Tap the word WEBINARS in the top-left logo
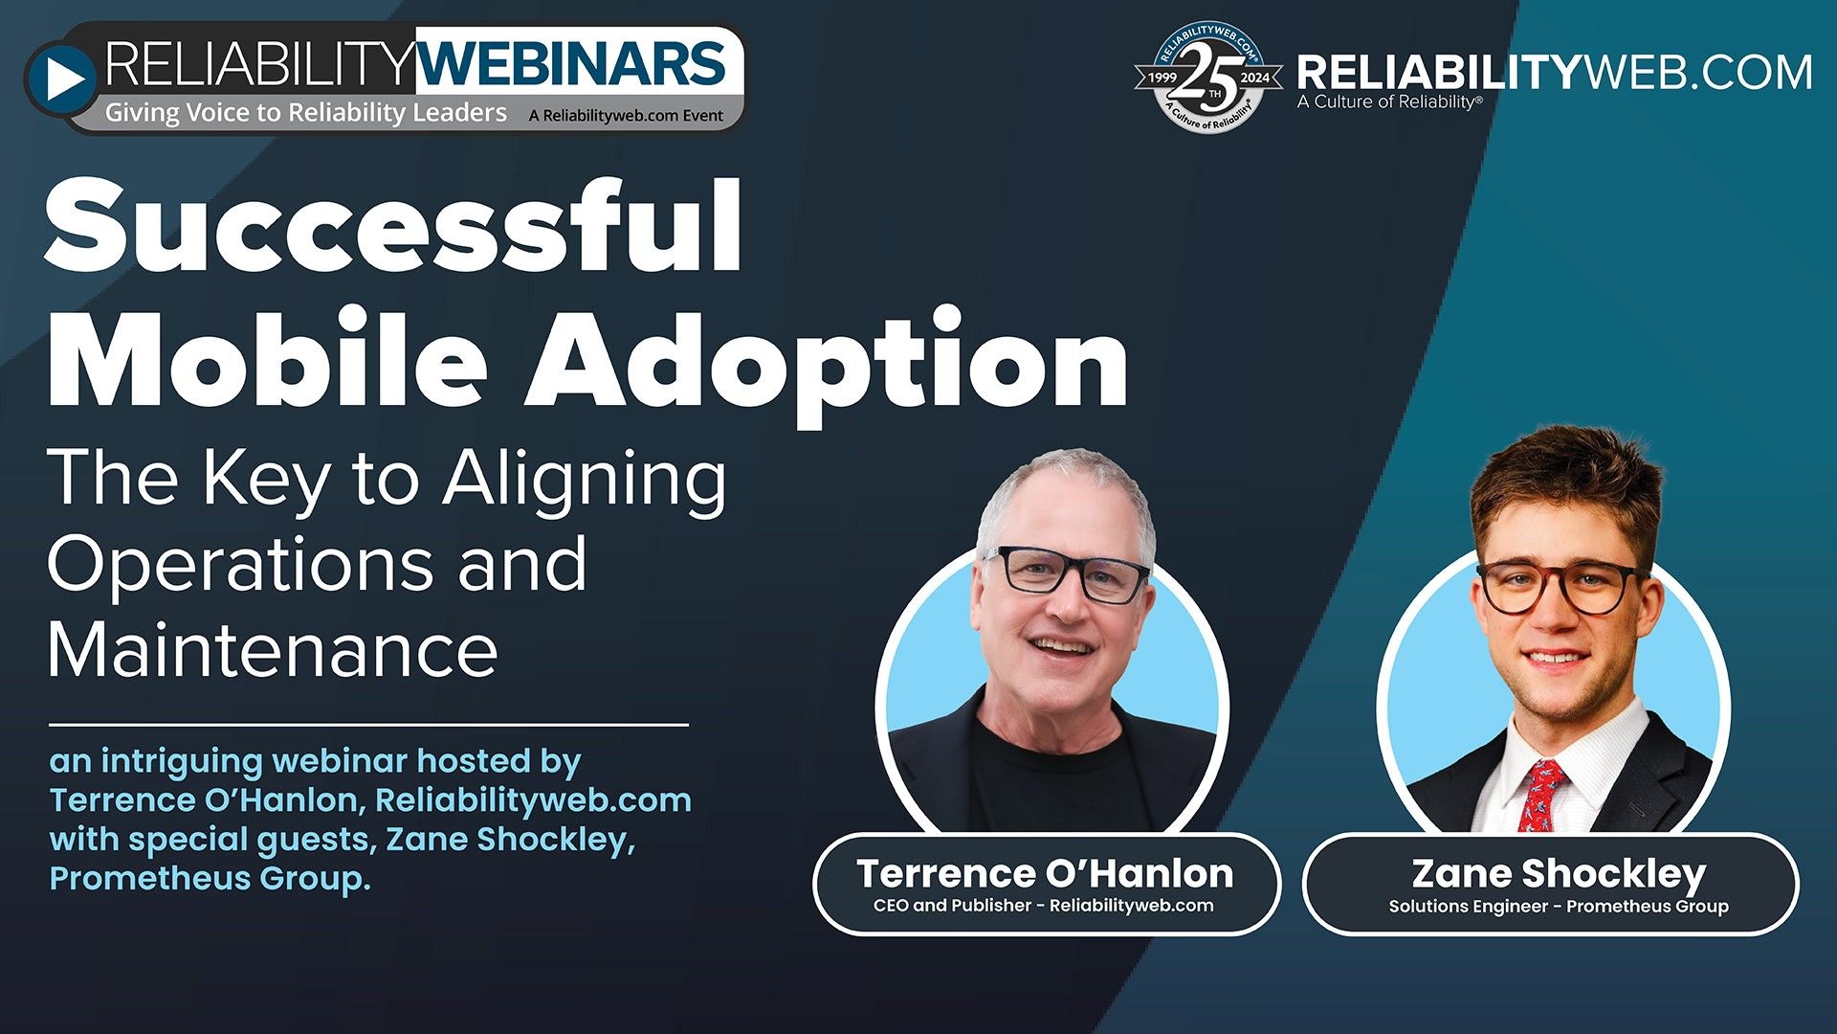coord(572,65)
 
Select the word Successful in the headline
coord(393,227)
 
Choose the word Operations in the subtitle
coord(239,565)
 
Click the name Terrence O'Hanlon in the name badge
coord(1045,873)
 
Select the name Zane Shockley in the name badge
coord(1559,873)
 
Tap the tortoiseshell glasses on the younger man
coord(1560,587)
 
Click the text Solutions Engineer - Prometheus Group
coord(1559,907)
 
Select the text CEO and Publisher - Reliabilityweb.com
coord(1043,906)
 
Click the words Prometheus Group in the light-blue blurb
coord(209,879)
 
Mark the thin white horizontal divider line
coord(368,726)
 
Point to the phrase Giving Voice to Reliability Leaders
coord(305,113)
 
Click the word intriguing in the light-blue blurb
coord(182,762)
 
